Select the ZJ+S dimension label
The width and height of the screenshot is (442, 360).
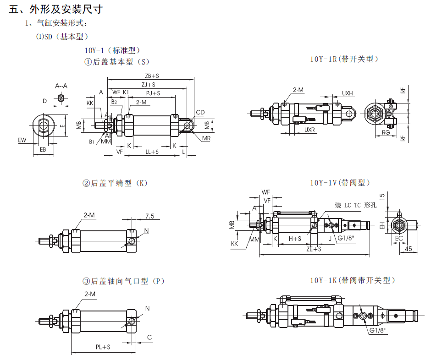(x=148, y=84)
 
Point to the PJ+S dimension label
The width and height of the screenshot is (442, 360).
(x=153, y=93)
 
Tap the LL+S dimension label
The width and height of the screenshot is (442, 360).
(x=152, y=152)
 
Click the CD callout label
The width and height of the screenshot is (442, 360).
(x=200, y=113)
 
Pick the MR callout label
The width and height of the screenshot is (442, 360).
(x=205, y=138)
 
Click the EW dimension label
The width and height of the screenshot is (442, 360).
(x=22, y=140)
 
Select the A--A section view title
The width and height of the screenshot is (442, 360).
(x=61, y=86)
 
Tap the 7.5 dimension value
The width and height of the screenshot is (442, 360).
(x=149, y=216)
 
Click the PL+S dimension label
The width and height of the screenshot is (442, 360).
(x=103, y=347)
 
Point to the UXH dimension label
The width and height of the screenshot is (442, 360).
(x=347, y=93)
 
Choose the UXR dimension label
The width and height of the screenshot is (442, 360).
(x=310, y=130)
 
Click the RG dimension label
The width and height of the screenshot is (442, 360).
(x=386, y=133)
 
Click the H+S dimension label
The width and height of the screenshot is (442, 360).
(x=295, y=239)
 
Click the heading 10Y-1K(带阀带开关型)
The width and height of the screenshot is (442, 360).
(x=352, y=280)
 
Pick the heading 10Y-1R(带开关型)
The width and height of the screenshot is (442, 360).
(x=344, y=59)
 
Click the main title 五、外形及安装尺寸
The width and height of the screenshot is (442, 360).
(x=55, y=9)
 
